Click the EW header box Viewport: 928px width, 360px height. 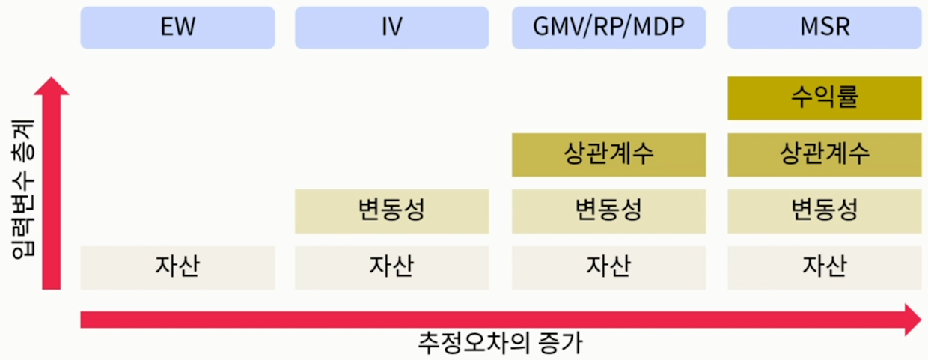(x=177, y=28)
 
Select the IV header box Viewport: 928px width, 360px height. (x=391, y=28)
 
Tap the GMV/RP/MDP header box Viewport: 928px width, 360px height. (x=608, y=28)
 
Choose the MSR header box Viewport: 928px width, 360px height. (x=824, y=28)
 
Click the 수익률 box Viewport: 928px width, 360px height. (x=824, y=97)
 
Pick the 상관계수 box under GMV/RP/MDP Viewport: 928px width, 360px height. (x=608, y=155)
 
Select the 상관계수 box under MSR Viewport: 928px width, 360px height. (x=824, y=155)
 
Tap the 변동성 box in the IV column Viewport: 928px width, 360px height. (x=391, y=211)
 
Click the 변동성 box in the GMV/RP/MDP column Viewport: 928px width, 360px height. (x=608, y=211)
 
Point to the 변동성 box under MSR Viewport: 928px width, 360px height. (x=824, y=211)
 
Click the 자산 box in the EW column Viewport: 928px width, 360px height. (x=177, y=267)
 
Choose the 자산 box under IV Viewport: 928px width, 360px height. (x=391, y=267)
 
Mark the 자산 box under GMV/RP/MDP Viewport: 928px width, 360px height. (x=608, y=267)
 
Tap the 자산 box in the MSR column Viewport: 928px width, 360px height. (x=824, y=267)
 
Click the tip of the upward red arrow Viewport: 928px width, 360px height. (x=51, y=79)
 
